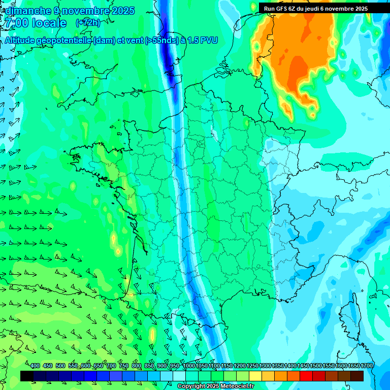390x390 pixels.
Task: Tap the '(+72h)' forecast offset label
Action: tap(88, 23)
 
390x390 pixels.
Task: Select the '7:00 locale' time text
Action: tap(36, 23)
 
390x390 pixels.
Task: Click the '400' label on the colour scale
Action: tap(35, 366)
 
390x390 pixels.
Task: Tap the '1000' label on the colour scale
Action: tap(188, 366)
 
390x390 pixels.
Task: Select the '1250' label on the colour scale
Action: tap(252, 366)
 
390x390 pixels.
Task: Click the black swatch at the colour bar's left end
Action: tap(27, 376)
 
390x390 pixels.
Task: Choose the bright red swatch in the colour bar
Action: tap(306, 376)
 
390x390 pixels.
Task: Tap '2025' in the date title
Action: tap(123, 11)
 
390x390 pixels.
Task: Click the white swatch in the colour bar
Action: tap(179, 376)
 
